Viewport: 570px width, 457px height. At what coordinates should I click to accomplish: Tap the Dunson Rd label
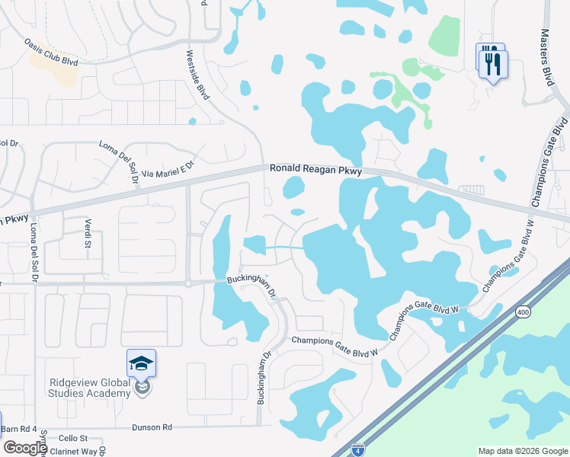(x=152, y=427)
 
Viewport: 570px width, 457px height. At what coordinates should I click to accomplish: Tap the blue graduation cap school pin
(x=141, y=364)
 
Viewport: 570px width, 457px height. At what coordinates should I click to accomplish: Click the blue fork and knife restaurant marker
(x=492, y=62)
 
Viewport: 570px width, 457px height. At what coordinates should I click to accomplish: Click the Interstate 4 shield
(x=358, y=449)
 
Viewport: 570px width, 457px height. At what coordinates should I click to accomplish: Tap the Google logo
(x=24, y=448)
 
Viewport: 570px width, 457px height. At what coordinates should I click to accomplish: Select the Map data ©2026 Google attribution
(x=523, y=451)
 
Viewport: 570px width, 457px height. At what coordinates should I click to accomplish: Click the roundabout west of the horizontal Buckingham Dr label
(x=187, y=283)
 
